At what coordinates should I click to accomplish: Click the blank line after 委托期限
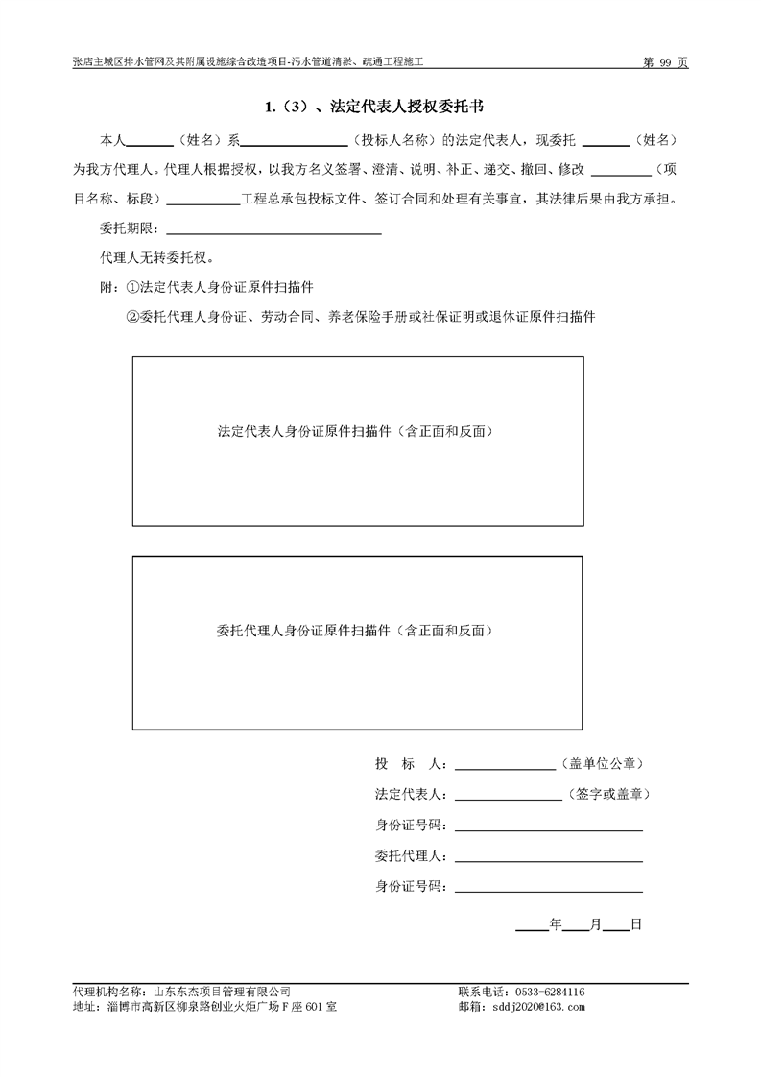(x=274, y=230)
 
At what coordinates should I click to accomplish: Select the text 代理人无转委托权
(x=156, y=258)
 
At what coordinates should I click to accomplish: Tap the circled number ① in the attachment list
(x=133, y=287)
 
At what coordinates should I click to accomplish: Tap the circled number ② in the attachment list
(x=133, y=316)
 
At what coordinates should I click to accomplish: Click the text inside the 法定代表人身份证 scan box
(x=357, y=432)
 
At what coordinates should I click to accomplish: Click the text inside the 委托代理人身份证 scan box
(x=357, y=631)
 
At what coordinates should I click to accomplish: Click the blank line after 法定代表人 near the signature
(x=508, y=795)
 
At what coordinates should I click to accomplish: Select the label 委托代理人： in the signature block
(x=411, y=856)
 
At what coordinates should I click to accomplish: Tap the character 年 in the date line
(x=555, y=924)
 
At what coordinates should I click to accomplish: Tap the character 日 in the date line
(x=635, y=924)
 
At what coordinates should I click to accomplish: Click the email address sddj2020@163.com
(x=536, y=1007)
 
